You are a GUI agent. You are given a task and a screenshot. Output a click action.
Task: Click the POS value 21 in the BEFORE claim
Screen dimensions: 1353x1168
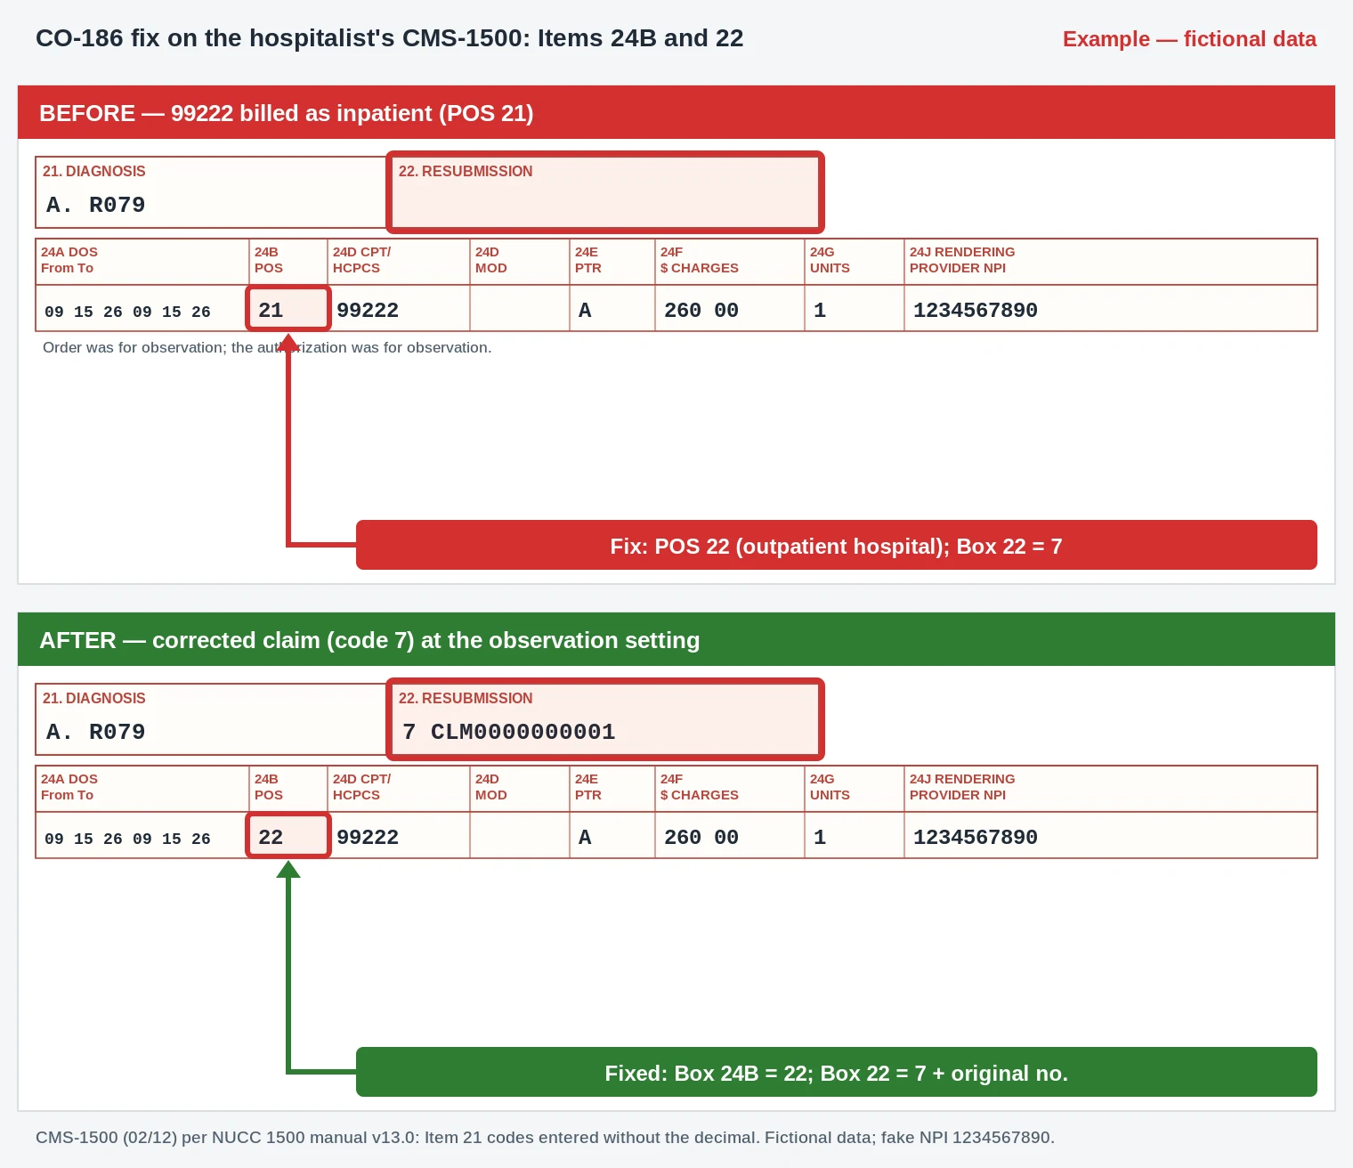pos(271,310)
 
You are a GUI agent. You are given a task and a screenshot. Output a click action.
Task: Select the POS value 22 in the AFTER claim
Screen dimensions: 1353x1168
pos(271,837)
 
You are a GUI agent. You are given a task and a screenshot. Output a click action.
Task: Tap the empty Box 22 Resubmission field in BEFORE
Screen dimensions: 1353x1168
pos(604,192)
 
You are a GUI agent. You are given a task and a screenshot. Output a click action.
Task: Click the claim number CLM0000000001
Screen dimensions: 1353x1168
pos(523,731)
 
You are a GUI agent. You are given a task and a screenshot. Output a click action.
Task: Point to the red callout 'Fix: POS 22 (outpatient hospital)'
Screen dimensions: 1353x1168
pos(836,545)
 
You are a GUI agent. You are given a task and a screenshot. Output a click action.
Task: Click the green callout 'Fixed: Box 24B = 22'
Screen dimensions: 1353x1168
pos(836,1072)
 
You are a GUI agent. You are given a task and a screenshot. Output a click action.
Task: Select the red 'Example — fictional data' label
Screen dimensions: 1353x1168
pos(1188,38)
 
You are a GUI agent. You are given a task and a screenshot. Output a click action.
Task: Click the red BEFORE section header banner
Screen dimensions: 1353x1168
pos(676,112)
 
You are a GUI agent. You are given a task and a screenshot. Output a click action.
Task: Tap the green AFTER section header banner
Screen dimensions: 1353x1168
pos(676,639)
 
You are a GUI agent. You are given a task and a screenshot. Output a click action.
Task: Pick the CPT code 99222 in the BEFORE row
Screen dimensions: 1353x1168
pos(368,310)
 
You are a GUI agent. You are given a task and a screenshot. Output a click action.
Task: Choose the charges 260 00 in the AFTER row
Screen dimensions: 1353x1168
pos(701,837)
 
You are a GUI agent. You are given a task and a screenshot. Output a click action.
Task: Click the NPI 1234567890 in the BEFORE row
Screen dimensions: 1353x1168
pos(976,310)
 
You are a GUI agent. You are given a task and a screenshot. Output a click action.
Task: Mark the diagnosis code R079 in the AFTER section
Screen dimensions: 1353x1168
pos(117,731)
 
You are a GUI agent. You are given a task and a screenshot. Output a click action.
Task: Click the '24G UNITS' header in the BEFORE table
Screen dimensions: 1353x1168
pos(830,260)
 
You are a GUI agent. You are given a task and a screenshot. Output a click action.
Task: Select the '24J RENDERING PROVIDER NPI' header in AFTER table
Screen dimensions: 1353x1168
pos(961,787)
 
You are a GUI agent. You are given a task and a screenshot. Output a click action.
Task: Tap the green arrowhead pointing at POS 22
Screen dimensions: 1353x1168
pos(288,870)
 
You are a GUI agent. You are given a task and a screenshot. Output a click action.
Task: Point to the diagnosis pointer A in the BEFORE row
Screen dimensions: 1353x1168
pos(585,310)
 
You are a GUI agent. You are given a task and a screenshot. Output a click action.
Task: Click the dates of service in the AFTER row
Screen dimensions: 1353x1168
pos(127,839)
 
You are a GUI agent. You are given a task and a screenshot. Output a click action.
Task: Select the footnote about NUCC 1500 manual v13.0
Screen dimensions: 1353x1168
pos(545,1137)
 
